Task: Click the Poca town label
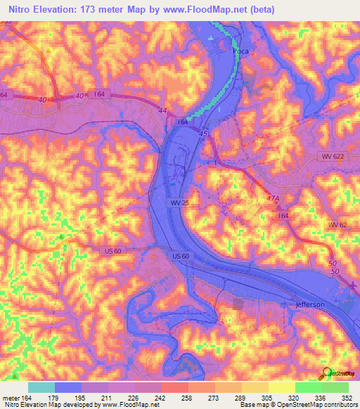(x=242, y=51)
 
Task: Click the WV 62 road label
(x=337, y=224)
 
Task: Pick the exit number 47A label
(x=272, y=200)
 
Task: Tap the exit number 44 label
(x=162, y=111)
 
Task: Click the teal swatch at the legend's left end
(x=41, y=387)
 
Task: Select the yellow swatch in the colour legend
(x=281, y=387)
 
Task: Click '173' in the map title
(x=87, y=10)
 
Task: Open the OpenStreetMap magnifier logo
(x=325, y=373)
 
